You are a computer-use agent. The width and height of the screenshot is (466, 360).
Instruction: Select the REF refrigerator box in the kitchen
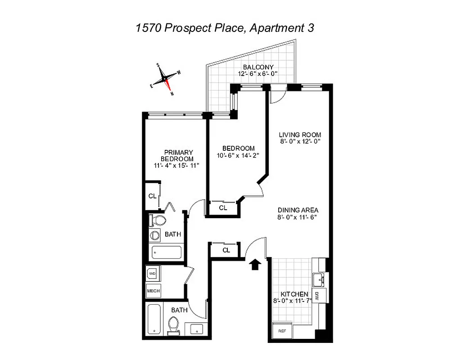coord(282,330)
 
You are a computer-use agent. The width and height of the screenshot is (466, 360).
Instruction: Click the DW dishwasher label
coord(317,296)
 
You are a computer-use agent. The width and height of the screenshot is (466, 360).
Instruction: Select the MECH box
coord(153,291)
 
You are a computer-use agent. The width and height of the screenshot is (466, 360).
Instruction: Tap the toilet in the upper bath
coord(158,220)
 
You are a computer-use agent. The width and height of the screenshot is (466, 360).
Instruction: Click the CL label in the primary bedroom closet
coord(152,196)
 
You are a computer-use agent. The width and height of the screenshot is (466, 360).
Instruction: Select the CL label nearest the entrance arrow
coord(226,250)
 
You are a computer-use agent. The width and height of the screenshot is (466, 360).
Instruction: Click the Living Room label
coord(299,135)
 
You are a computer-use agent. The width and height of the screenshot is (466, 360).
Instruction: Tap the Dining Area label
coord(298,210)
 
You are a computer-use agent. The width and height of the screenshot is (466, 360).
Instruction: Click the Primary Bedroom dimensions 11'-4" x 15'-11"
coord(176,166)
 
